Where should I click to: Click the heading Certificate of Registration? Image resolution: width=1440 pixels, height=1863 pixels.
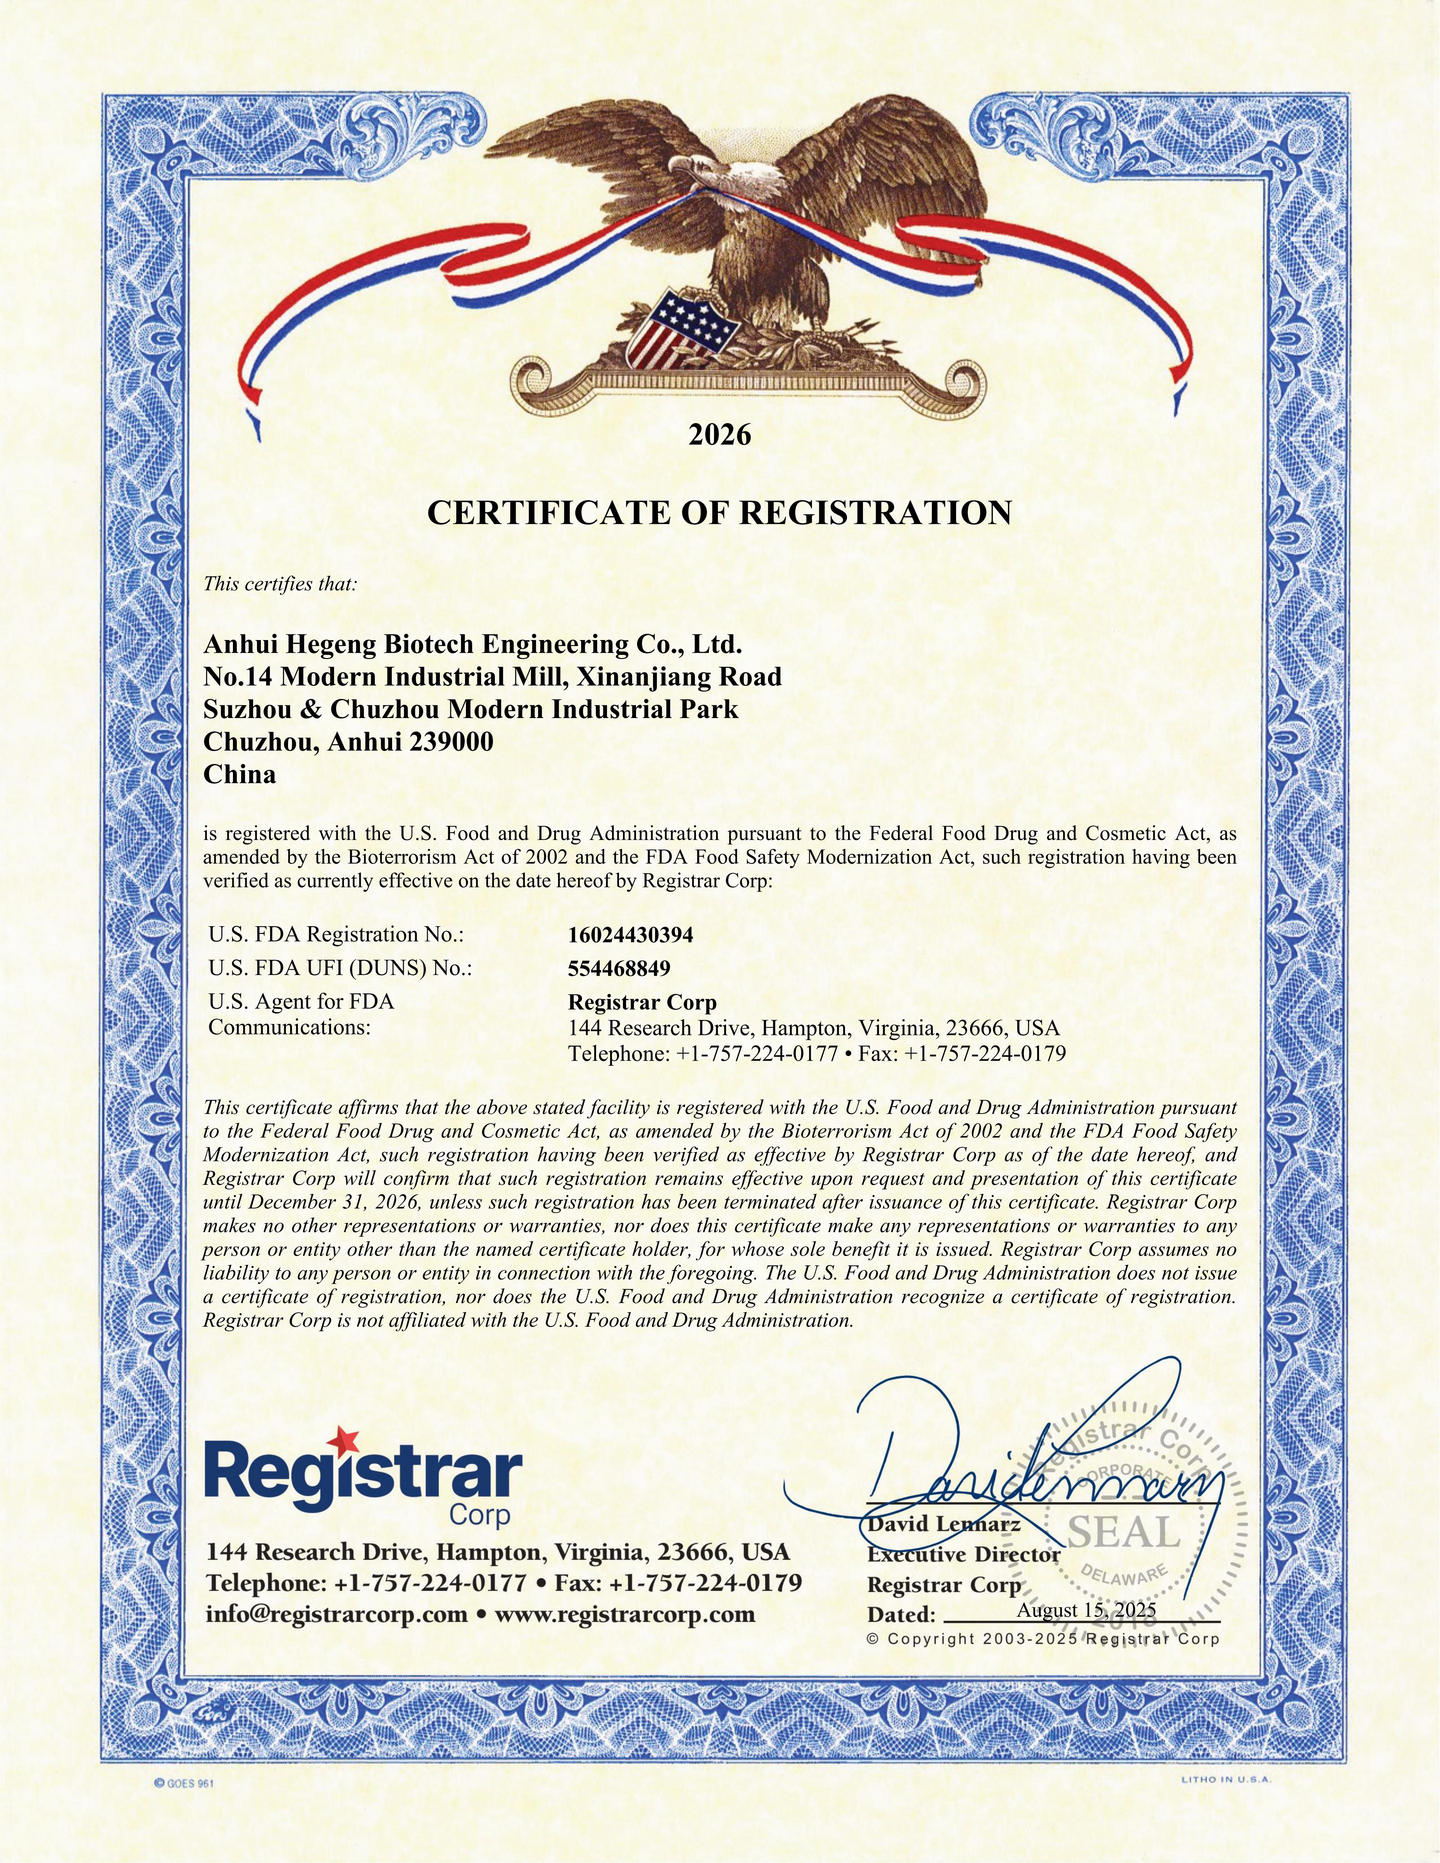point(719,513)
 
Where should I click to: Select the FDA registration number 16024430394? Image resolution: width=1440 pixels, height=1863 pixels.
point(630,935)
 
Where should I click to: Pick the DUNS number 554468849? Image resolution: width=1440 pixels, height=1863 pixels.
point(618,969)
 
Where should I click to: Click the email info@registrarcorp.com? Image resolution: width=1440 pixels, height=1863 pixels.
point(337,1615)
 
